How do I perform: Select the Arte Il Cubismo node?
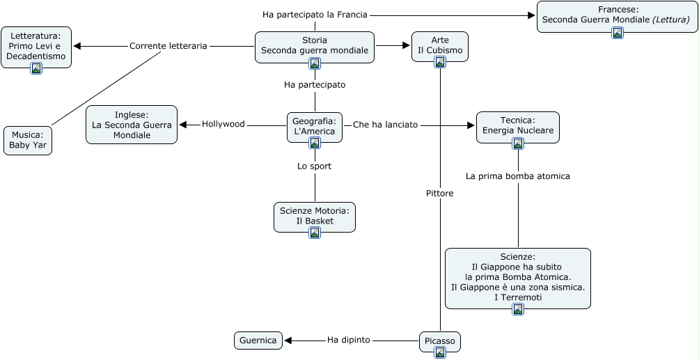(439, 44)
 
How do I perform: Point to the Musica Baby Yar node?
(29, 140)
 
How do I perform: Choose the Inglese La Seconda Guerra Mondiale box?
(132, 125)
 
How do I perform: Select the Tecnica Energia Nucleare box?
(517, 125)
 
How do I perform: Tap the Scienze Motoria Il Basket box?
(315, 215)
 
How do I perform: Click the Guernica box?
(258, 341)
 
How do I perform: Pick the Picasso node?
(440, 341)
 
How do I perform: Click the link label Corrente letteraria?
(168, 46)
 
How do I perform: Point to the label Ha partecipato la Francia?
(315, 14)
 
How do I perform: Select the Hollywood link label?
(223, 124)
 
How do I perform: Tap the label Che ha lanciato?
(385, 125)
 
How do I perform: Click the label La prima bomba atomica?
(518, 176)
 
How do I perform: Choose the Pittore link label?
(440, 194)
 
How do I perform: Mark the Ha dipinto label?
(348, 340)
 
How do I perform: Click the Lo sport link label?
(315, 166)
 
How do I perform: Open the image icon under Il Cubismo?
(440, 63)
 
